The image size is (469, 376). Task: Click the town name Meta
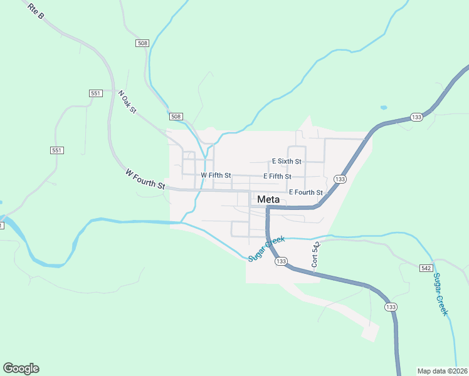pyautogui.click(x=268, y=199)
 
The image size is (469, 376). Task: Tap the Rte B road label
pyautogui.click(x=36, y=11)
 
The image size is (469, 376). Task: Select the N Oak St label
pyautogui.click(x=127, y=102)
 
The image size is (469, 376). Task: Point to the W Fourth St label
pyautogui.click(x=144, y=179)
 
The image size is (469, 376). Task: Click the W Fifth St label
pyautogui.click(x=216, y=175)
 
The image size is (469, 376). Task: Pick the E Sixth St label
pyautogui.click(x=287, y=161)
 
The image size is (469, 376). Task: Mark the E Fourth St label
pyautogui.click(x=305, y=192)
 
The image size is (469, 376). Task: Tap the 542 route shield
pyautogui.click(x=426, y=268)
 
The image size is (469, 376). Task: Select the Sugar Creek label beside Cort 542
pyautogui.click(x=266, y=249)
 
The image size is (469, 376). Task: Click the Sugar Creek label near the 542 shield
pyautogui.click(x=441, y=294)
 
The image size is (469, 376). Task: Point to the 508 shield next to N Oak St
pyautogui.click(x=176, y=117)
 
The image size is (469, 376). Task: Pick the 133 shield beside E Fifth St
pyautogui.click(x=340, y=179)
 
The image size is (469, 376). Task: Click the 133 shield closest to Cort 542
pyautogui.click(x=281, y=261)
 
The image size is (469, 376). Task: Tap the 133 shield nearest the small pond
pyautogui.click(x=416, y=117)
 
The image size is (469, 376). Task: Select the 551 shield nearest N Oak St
pyautogui.click(x=95, y=93)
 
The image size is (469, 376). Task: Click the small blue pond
pyautogui.click(x=383, y=107)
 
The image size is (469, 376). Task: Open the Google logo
pyautogui.click(x=21, y=368)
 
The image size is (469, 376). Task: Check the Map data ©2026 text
pyautogui.click(x=443, y=370)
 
